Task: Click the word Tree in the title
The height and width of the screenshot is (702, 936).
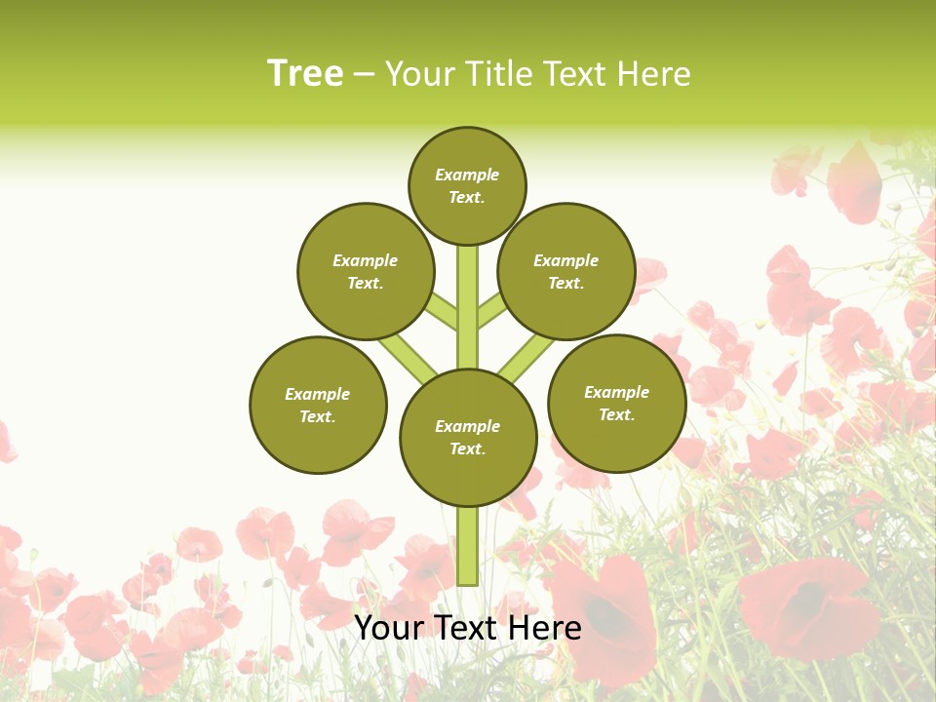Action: point(305,74)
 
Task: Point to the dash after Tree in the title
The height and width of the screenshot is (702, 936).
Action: point(364,75)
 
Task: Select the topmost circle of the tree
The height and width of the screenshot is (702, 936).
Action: point(467,185)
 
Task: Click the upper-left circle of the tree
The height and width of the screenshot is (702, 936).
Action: point(366,271)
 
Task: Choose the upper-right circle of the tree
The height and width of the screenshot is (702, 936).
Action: point(566,271)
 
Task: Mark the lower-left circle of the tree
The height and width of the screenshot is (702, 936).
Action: point(318,405)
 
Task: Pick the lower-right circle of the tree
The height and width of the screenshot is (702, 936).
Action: point(616,403)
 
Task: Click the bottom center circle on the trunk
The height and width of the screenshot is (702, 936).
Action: point(468,438)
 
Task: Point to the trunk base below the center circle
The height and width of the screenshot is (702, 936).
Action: point(468,546)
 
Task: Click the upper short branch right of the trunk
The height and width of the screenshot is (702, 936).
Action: point(491,311)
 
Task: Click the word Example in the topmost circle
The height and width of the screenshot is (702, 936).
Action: point(467,175)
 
